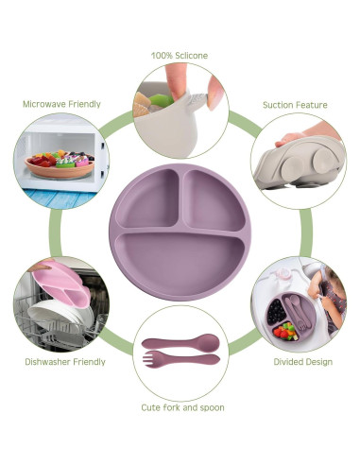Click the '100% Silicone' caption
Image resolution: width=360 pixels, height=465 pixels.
pyautogui.click(x=180, y=55)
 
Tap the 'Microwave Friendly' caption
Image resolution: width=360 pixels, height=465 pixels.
pyautogui.click(x=61, y=103)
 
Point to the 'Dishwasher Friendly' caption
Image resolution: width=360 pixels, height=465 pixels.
pyautogui.click(x=65, y=361)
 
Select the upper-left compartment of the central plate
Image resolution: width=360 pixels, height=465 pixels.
pyautogui.click(x=147, y=200)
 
